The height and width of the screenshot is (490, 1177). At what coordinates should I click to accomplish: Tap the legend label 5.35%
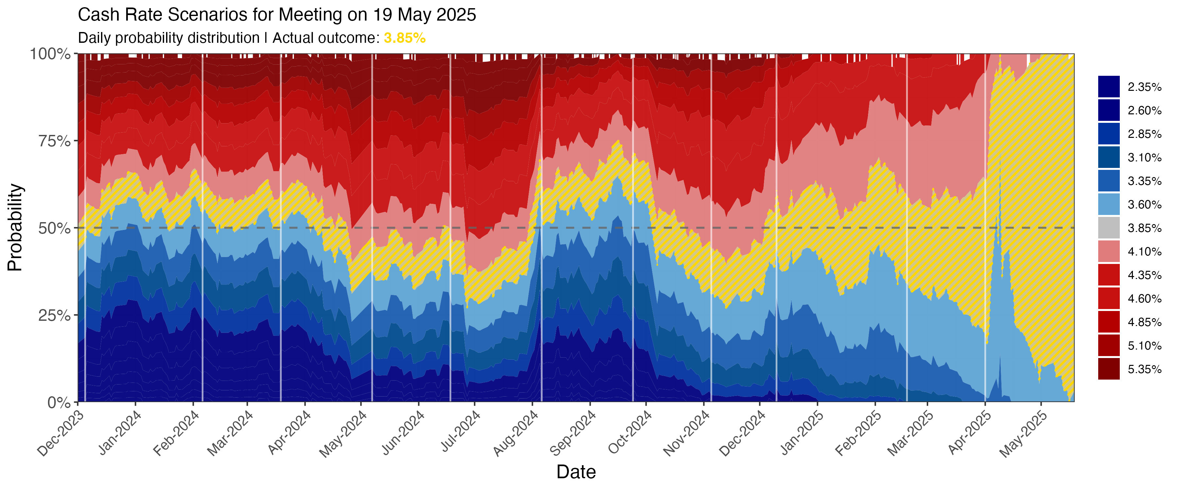1144,369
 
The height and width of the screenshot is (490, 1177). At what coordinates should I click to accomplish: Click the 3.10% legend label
1144,157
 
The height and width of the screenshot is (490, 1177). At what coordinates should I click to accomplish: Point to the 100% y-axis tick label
50,54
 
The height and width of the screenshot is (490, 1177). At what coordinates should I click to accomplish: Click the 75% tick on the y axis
54,141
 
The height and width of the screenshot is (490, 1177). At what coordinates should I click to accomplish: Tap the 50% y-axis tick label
54,228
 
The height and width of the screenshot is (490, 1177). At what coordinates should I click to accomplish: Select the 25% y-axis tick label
54,316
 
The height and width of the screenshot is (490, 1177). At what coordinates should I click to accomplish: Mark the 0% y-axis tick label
60,403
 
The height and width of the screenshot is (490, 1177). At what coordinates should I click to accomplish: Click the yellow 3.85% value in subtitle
404,38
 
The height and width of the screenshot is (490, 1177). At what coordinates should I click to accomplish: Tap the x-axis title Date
576,472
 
